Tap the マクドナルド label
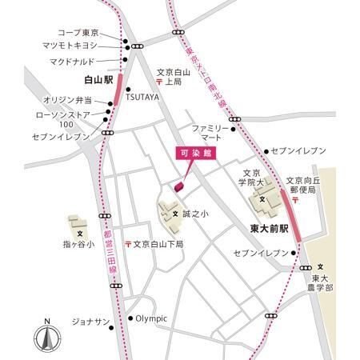click(x=72, y=61)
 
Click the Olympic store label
click(x=150, y=318)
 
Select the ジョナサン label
click(x=90, y=321)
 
